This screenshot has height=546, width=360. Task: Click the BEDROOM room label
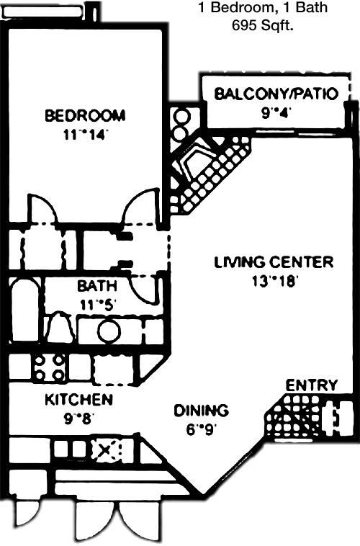pyautogui.click(x=85, y=115)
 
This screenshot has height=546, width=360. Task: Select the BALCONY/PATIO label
pyautogui.click(x=276, y=94)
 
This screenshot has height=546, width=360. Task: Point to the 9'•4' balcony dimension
pyautogui.click(x=276, y=113)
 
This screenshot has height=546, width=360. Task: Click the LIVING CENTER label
pyautogui.click(x=274, y=262)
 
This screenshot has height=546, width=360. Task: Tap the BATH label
pyautogui.click(x=96, y=286)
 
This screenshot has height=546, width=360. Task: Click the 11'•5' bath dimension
pyautogui.click(x=96, y=305)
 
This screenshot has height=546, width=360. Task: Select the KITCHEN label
pyautogui.click(x=79, y=399)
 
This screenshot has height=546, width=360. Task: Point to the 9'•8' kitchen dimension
pyautogui.click(x=78, y=419)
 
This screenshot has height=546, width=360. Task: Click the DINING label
pyautogui.click(x=201, y=411)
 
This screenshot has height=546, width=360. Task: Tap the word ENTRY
pyautogui.click(x=312, y=385)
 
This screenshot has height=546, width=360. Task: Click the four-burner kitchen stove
pyautogui.click(x=50, y=367)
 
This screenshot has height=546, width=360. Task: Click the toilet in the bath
pyautogui.click(x=59, y=327)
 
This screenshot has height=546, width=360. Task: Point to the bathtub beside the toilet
pyautogui.click(x=26, y=310)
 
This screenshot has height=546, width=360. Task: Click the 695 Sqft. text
pyautogui.click(x=263, y=25)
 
